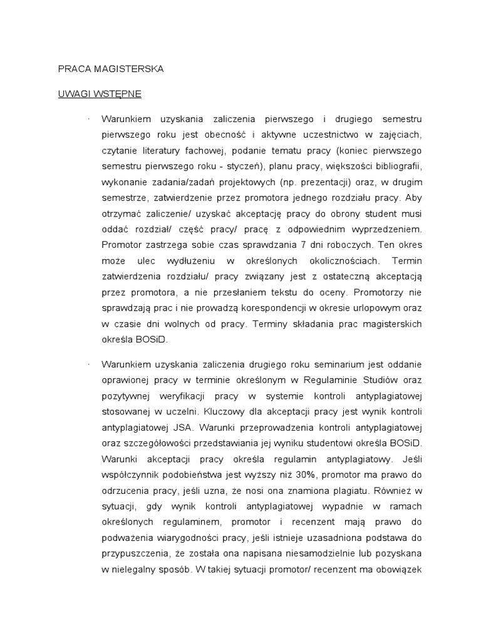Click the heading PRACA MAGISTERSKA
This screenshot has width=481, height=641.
click(110, 69)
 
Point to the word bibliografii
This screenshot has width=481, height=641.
click(394, 167)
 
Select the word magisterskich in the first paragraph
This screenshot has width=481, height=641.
click(392, 324)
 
